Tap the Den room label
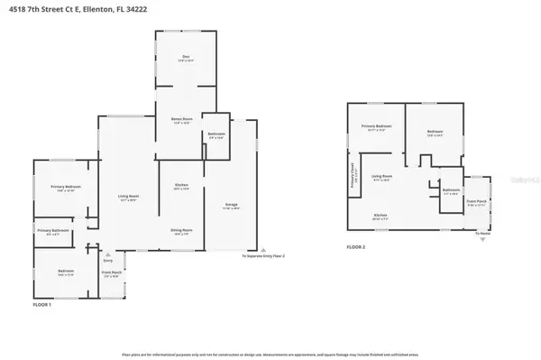pos(186,58)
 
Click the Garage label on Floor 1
pos(231,206)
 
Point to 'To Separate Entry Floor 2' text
pos(263,257)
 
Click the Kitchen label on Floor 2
pos(381,215)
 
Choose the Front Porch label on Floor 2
pos(477,202)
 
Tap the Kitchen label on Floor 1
pos(180,186)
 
